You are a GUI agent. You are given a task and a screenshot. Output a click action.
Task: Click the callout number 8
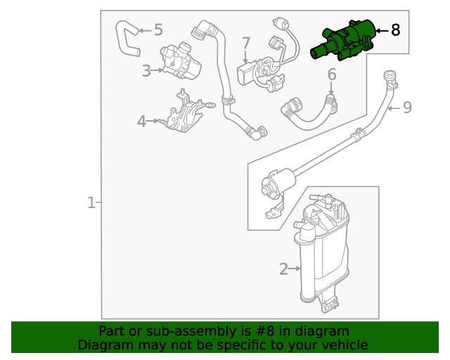click(395, 30)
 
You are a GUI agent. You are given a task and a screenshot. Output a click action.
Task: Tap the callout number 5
click(158, 30)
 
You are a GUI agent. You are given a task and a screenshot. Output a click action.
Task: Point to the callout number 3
click(146, 70)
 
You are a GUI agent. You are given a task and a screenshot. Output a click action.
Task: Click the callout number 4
click(141, 122)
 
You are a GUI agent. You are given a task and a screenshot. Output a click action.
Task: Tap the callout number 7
click(246, 44)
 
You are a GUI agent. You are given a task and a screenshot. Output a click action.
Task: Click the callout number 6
click(332, 74)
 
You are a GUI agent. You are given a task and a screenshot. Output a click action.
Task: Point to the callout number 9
click(406, 108)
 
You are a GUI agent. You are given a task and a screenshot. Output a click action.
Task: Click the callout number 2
click(284, 269)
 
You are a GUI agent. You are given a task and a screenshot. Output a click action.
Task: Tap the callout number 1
click(91, 203)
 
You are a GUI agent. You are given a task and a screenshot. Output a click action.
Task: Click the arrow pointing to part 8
click(380, 30)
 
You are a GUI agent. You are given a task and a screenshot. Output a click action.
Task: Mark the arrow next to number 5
click(143, 30)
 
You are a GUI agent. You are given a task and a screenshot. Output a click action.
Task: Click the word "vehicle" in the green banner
click(345, 345)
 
